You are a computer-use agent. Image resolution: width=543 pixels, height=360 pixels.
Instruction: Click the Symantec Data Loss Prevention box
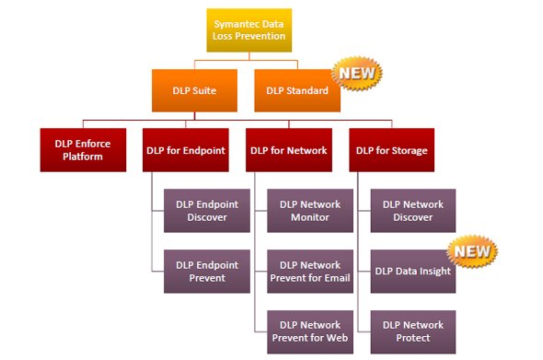click(x=249, y=30)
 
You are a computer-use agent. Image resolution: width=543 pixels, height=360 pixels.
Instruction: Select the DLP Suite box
click(x=194, y=90)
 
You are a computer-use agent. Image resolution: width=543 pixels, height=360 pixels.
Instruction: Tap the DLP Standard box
click(x=297, y=90)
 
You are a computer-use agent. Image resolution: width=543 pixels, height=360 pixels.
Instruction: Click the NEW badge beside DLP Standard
click(x=357, y=74)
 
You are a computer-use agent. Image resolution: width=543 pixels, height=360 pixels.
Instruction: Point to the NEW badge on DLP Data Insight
click(x=472, y=252)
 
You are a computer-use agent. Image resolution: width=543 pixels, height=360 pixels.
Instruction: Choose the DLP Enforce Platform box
click(x=83, y=150)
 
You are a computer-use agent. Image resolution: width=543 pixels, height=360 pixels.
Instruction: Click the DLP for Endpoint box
click(x=186, y=150)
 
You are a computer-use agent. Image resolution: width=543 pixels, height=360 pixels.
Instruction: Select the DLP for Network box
click(x=289, y=150)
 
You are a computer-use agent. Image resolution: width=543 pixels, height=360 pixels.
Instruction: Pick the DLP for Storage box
click(x=392, y=150)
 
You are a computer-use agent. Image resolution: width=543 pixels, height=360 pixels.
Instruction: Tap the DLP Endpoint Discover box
click(x=207, y=211)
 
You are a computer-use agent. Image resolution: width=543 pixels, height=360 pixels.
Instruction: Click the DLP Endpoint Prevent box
click(x=207, y=272)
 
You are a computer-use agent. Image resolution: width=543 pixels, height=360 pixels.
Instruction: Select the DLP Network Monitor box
click(x=310, y=211)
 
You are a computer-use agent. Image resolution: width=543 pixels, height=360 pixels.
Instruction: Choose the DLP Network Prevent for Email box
click(x=310, y=272)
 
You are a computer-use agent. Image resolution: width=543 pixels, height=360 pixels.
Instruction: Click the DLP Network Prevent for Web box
click(x=310, y=332)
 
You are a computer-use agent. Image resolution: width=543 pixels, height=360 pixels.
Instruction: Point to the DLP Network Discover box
click(x=413, y=211)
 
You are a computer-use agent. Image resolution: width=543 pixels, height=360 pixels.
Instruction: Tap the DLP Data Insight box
click(x=413, y=272)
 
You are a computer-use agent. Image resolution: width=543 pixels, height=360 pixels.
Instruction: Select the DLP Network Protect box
click(x=413, y=332)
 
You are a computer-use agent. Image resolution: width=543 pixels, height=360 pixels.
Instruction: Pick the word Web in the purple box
click(x=337, y=338)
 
